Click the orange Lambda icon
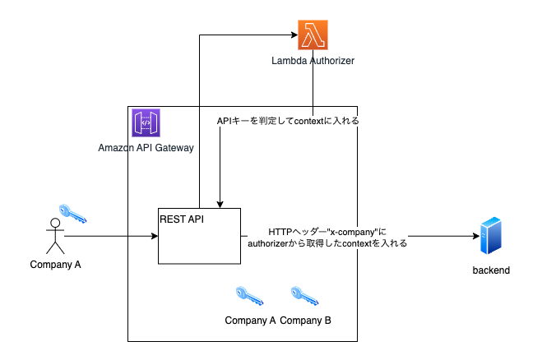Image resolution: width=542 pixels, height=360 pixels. click(x=313, y=35)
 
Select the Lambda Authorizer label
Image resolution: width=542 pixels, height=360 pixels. click(x=313, y=62)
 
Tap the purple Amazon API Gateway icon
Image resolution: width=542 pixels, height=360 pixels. click(x=146, y=123)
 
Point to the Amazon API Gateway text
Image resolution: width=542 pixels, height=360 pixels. click(x=146, y=148)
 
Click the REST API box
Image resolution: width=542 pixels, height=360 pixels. click(x=200, y=236)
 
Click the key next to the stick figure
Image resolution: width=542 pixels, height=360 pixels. click(x=73, y=215)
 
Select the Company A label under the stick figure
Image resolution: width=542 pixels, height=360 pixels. click(x=55, y=265)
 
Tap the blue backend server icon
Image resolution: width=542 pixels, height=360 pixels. click(x=491, y=235)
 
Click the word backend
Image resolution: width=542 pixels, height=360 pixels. click(x=491, y=270)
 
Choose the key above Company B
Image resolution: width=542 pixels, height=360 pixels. click(x=305, y=297)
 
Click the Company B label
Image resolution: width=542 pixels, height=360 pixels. click(x=306, y=320)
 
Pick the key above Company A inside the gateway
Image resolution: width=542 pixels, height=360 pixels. click(x=249, y=297)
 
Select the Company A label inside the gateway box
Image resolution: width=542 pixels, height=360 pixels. click(x=250, y=320)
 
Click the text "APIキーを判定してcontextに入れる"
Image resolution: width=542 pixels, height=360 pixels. click(x=288, y=121)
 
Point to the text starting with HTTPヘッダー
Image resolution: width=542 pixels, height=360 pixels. click(x=327, y=238)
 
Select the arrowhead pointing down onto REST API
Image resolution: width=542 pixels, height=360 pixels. click(x=220, y=204)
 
